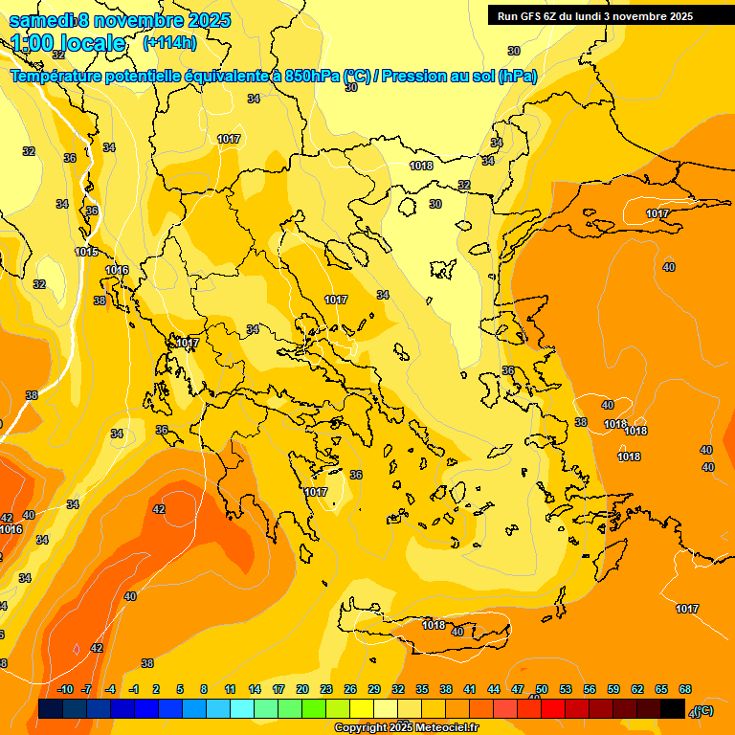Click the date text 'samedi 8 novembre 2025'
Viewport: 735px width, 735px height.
click(x=120, y=20)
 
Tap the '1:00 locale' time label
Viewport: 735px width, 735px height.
click(x=69, y=43)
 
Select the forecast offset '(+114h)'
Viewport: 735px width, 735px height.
click(x=169, y=43)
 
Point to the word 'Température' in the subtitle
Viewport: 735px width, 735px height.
click(x=62, y=77)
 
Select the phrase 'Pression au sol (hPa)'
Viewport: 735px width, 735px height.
click(x=458, y=77)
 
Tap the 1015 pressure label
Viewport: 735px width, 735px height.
click(x=86, y=252)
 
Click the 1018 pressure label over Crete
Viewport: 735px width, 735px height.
click(x=434, y=625)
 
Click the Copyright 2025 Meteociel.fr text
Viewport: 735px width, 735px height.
click(x=407, y=728)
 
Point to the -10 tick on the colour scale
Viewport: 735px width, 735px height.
click(x=65, y=690)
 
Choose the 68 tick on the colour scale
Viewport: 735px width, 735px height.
click(x=685, y=690)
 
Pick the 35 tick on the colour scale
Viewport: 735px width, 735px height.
click(x=422, y=690)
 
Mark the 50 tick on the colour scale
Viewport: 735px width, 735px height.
click(x=542, y=690)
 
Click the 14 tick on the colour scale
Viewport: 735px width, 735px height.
click(x=255, y=690)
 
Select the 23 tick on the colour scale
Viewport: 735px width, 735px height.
click(x=326, y=690)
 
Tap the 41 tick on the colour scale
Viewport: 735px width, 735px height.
click(x=470, y=690)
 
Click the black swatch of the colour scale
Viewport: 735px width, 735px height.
click(x=673, y=709)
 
